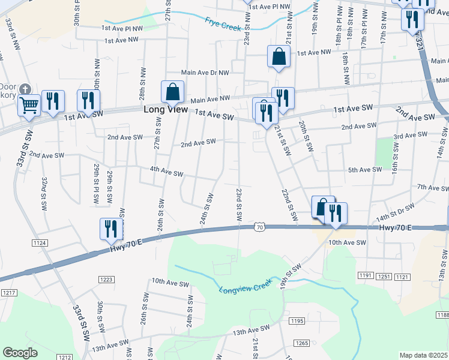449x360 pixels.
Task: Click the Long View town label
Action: coord(165,110)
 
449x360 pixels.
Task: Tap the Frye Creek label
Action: coord(223,23)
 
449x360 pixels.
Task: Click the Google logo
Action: coord(20,353)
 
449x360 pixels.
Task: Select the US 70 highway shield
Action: coord(259,227)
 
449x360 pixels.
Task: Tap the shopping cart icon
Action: coord(29,106)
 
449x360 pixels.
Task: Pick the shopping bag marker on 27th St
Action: coord(172,92)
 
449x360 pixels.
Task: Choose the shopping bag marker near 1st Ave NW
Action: coord(279,57)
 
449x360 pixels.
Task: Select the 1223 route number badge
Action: coord(106,279)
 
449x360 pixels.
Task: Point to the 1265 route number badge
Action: coord(302,343)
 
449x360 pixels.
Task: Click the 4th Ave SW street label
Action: coord(166,173)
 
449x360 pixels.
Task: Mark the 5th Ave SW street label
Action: coord(365,170)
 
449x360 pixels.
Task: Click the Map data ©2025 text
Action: coord(424,355)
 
